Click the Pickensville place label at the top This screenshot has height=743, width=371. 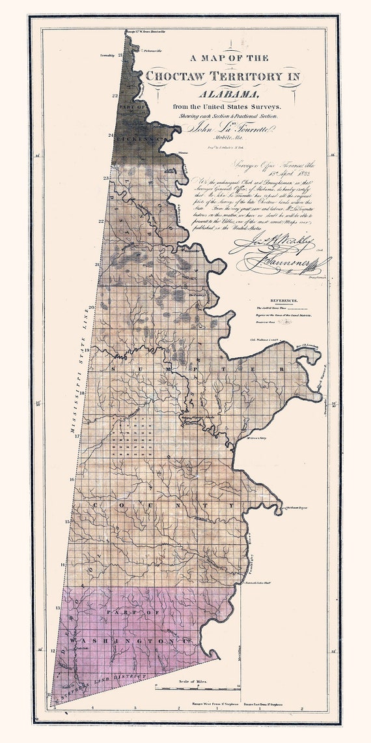(x=152, y=50)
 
